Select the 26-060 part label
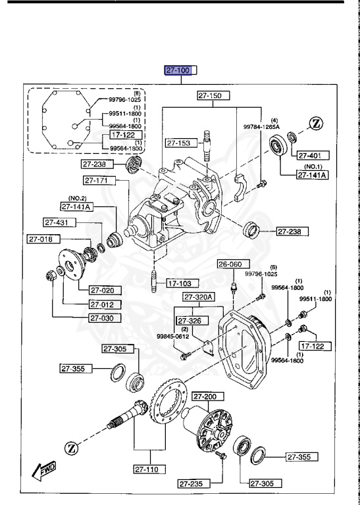(231, 264)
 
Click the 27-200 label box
(207, 397)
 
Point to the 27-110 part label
(149, 469)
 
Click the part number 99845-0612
(173, 337)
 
